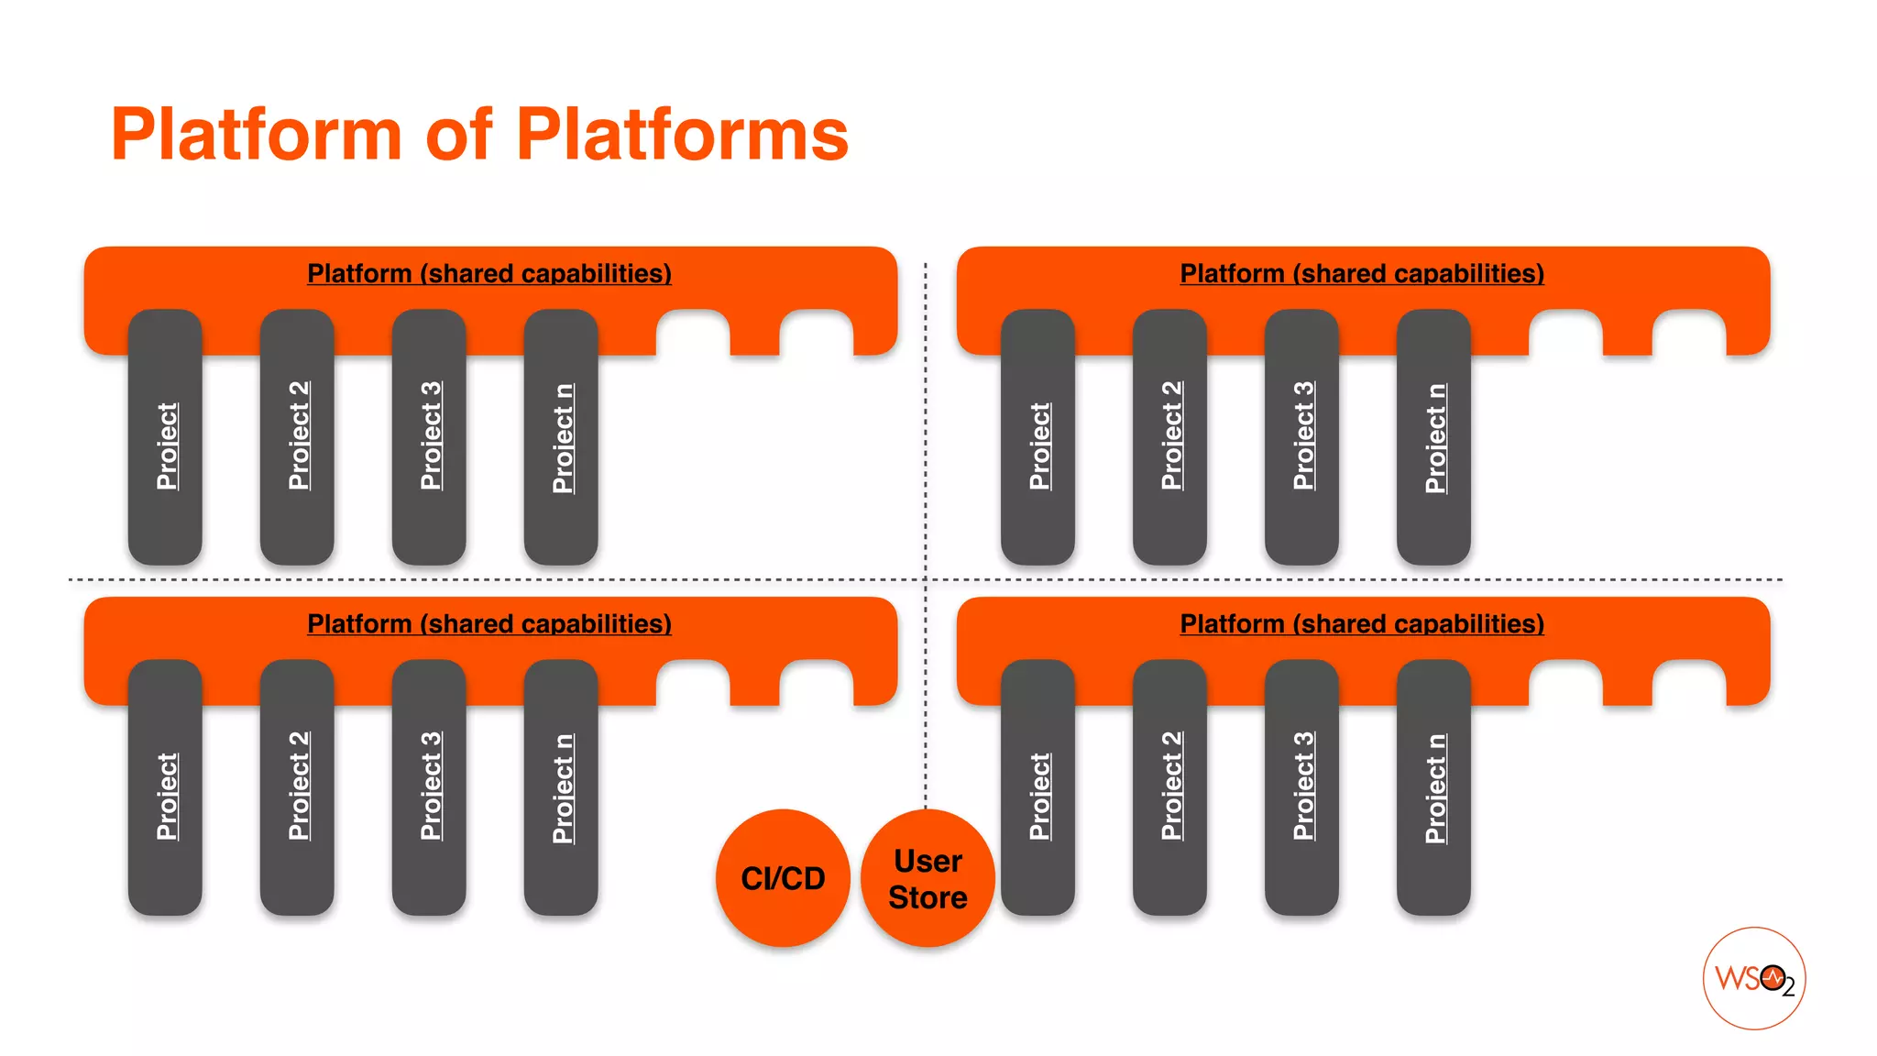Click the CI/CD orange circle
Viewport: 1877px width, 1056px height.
(783, 877)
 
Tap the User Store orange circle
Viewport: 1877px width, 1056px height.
(928, 877)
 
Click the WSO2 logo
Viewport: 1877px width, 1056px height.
(1753, 978)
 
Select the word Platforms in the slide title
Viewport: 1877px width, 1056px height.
(682, 135)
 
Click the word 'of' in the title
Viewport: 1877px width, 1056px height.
(458, 135)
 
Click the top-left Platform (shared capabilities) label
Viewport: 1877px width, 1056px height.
(488, 273)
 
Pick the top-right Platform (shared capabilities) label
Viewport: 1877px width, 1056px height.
(1361, 273)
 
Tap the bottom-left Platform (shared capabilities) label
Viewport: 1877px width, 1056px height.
(488, 623)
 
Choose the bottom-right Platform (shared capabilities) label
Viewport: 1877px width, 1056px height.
(1361, 623)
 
